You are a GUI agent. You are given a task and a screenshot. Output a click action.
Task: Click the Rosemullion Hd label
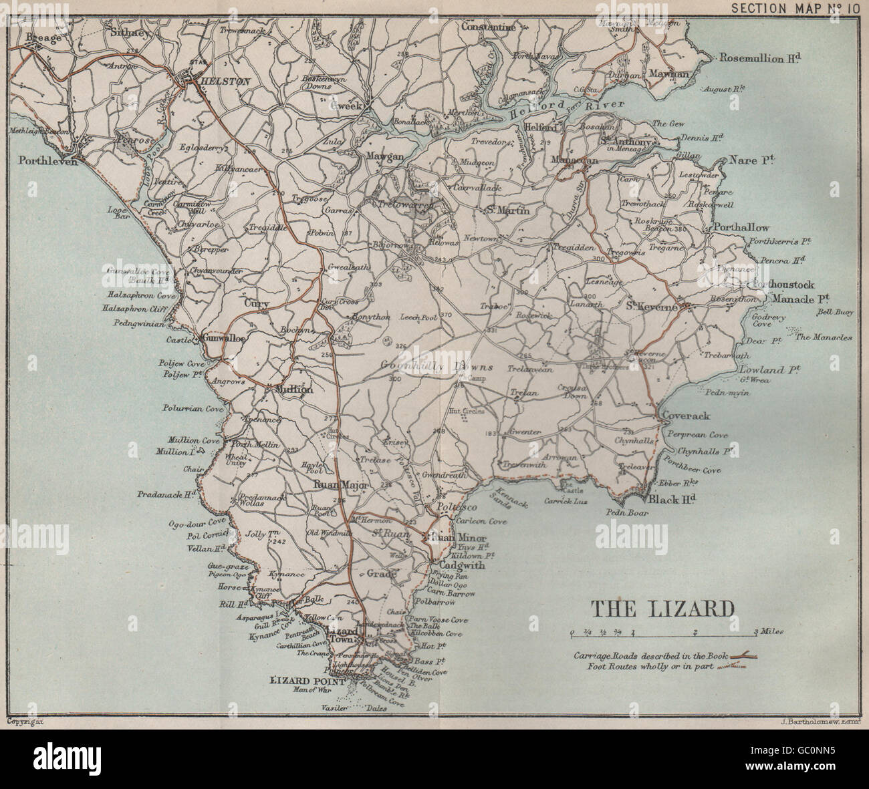coord(759,58)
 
